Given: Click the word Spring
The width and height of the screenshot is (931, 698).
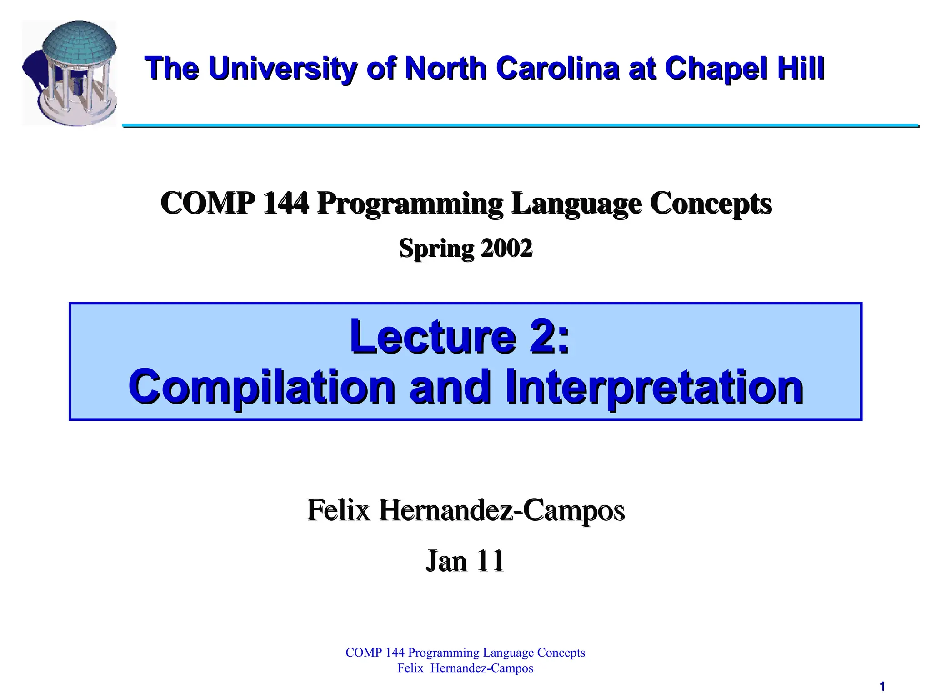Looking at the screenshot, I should pyautogui.click(x=436, y=249).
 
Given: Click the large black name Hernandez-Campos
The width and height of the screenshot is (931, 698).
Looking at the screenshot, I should pyautogui.click(x=502, y=510).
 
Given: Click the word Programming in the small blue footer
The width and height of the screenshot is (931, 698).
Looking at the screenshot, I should pyautogui.click(x=443, y=653).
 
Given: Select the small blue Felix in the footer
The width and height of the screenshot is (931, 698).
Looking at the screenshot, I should pyautogui.click(x=410, y=668).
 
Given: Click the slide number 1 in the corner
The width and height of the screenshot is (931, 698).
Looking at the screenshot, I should pyautogui.click(x=882, y=687).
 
